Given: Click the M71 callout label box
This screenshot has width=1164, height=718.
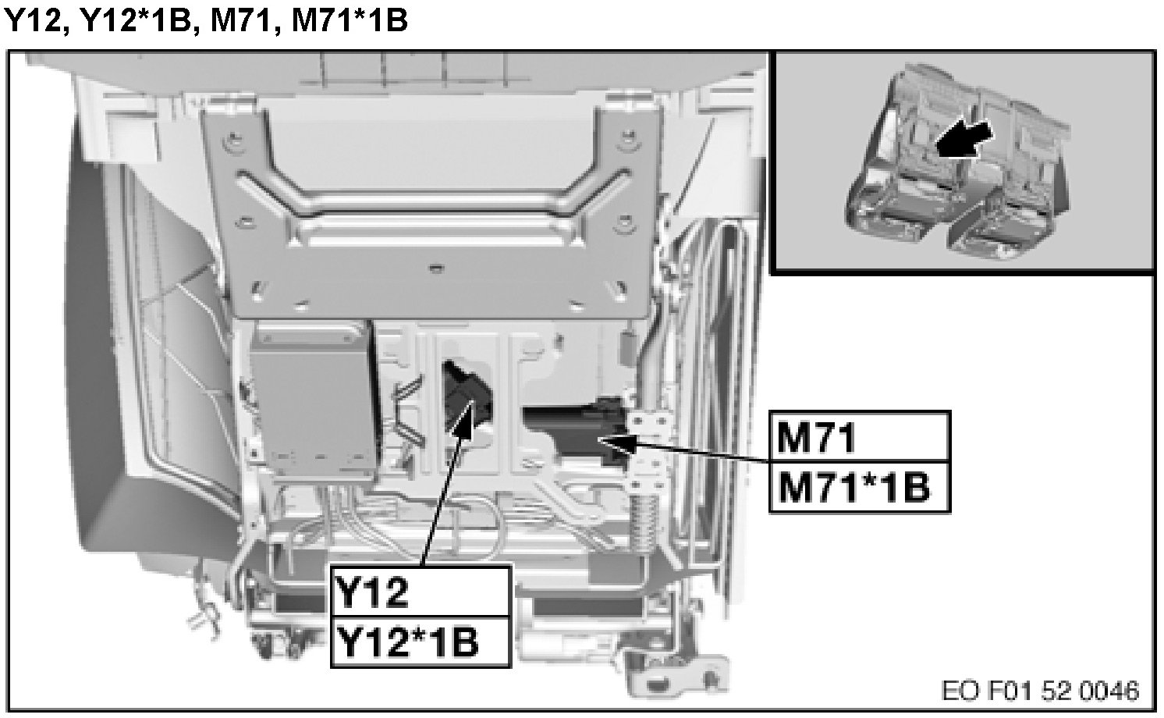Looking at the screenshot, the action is [860, 437].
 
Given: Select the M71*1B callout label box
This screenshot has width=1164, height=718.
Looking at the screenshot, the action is [860, 487].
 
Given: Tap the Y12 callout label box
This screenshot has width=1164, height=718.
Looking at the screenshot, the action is [421, 592].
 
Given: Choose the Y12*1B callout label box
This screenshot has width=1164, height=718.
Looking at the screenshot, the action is [421, 642].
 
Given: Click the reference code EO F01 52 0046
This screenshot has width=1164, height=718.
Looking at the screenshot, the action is [1040, 691].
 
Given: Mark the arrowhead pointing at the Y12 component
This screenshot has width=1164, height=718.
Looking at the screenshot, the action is [464, 418].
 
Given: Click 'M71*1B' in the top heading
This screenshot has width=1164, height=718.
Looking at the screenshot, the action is [350, 21].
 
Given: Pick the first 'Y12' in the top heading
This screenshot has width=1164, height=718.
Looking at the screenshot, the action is [34, 21].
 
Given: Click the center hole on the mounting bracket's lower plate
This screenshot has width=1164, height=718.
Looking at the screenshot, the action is [435, 268].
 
